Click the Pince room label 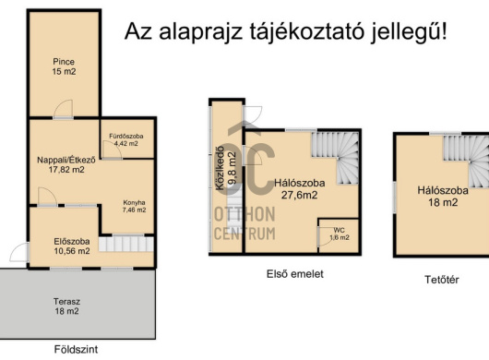(64, 66)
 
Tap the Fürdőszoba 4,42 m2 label (126, 139)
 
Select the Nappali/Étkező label (66, 164)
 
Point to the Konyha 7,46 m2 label (134, 206)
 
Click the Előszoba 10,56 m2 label (72, 246)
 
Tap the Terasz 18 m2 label (66, 306)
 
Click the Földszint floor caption (76, 349)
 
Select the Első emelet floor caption (295, 274)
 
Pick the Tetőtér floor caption (442, 280)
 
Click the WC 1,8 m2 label (340, 234)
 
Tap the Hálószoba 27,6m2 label (299, 188)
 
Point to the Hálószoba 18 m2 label (443, 197)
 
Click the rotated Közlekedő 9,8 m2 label (225, 168)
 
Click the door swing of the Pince (63, 109)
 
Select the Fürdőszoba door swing (113, 150)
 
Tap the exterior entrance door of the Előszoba (19, 253)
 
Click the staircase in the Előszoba (126, 244)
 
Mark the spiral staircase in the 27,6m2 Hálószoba (335, 158)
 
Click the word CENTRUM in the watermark (244, 234)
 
